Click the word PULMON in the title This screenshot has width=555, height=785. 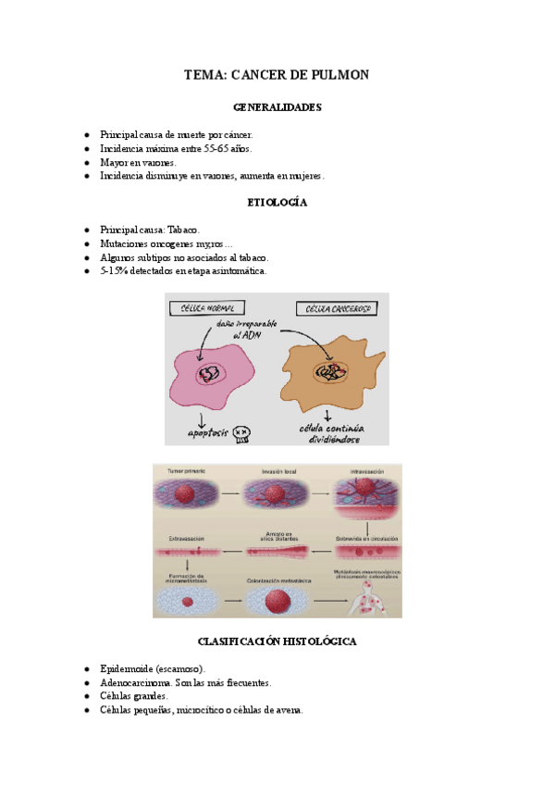click(337, 74)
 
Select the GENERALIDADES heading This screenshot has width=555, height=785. click(277, 107)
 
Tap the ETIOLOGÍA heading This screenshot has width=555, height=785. click(277, 202)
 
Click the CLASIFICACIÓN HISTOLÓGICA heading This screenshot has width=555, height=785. click(277, 641)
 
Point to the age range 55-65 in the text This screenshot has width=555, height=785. click(215, 148)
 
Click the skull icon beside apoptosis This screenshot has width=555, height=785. click(242, 432)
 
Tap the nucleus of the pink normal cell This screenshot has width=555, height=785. click(208, 373)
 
